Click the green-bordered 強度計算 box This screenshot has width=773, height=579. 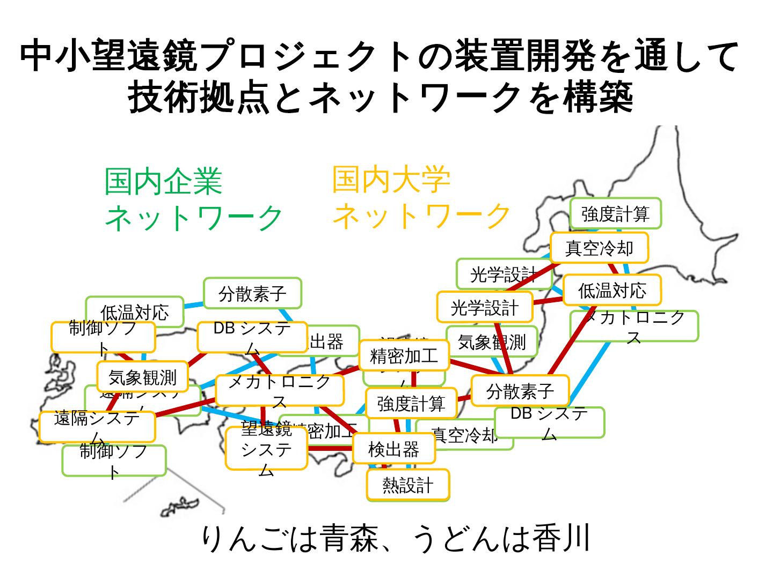click(615, 213)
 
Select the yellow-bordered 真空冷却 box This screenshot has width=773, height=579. click(599, 248)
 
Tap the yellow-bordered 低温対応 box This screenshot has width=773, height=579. click(612, 290)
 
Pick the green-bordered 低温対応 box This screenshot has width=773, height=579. click(134, 311)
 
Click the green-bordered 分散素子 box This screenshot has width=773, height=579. click(252, 293)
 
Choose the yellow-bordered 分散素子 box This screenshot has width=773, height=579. click(520, 391)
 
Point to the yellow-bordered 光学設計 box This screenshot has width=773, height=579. click(485, 307)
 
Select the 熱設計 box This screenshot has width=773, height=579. click(408, 485)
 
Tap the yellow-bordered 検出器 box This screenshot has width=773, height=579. click(393, 449)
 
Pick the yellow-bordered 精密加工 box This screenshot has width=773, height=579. click(404, 355)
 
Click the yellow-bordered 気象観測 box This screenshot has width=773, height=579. click(142, 377)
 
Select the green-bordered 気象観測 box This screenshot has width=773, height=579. click(492, 342)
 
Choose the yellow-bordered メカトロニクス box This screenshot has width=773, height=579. click(279, 390)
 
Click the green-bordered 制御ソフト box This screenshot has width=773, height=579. click(114, 461)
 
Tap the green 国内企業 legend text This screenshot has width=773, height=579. click(163, 181)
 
